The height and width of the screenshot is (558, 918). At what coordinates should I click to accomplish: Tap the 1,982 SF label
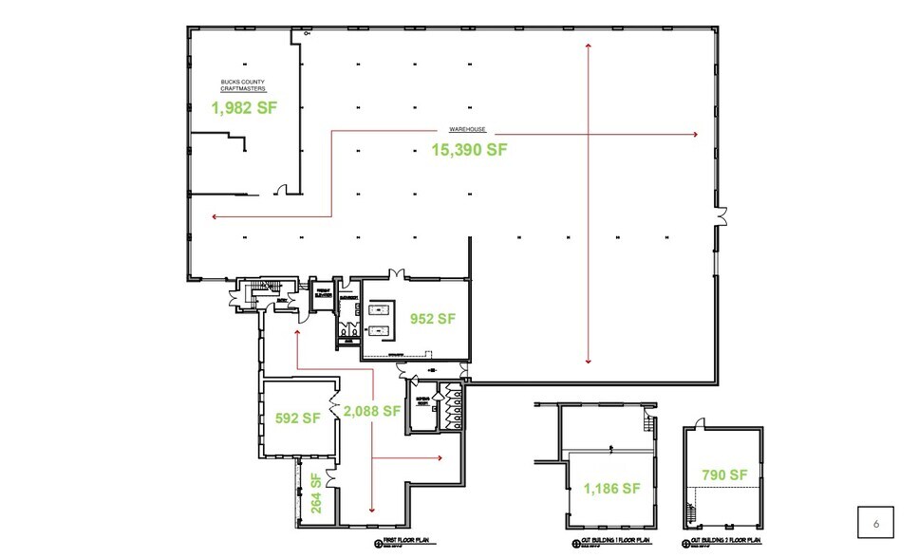[x=244, y=108]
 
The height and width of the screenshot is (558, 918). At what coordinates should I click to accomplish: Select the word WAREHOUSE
[x=468, y=129]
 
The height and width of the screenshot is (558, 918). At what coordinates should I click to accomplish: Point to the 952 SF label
[x=433, y=319]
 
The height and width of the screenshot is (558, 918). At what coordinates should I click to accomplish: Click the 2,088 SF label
[x=373, y=411]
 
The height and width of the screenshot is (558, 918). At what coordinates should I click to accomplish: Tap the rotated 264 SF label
[x=316, y=493]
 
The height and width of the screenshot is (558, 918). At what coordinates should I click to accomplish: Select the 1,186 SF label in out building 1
[x=612, y=489]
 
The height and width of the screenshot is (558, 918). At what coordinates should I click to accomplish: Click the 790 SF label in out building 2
[x=724, y=474]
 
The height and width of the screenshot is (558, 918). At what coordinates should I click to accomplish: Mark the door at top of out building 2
[x=701, y=422]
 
